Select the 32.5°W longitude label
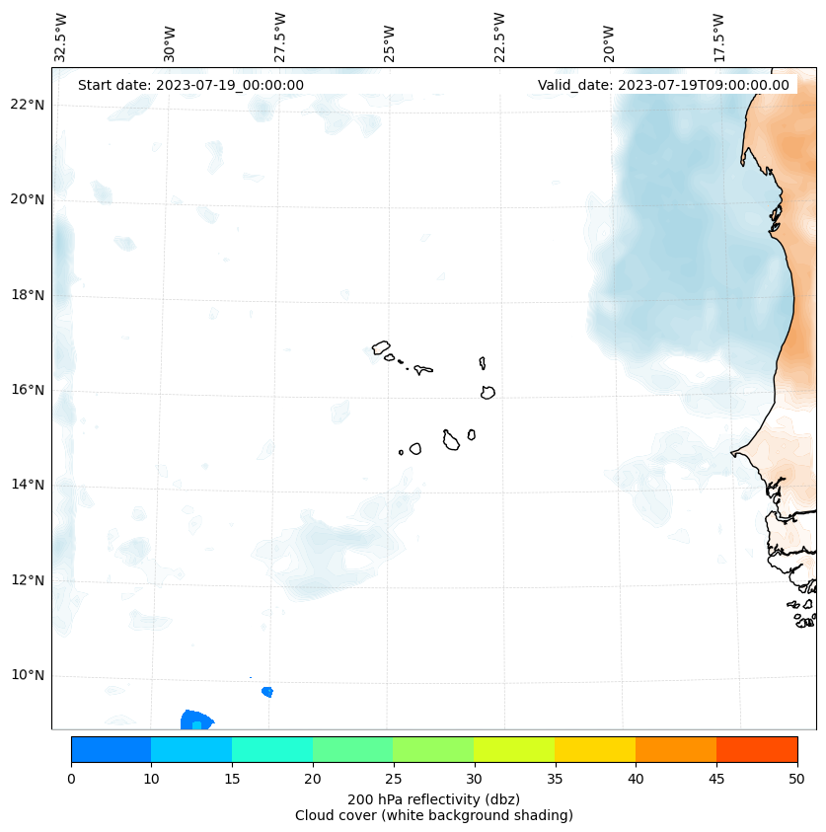(61, 38)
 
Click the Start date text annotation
(190, 85)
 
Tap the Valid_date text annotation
(663, 85)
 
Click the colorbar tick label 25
(393, 780)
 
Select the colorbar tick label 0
(71, 780)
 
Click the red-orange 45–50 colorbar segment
(756, 749)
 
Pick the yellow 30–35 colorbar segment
(514, 749)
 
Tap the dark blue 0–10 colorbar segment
(111, 749)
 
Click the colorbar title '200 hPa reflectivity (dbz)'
(433, 798)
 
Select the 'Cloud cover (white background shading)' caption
(433, 815)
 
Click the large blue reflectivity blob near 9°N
(195, 719)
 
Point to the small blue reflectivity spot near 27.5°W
(267, 692)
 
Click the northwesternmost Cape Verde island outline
(381, 347)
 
